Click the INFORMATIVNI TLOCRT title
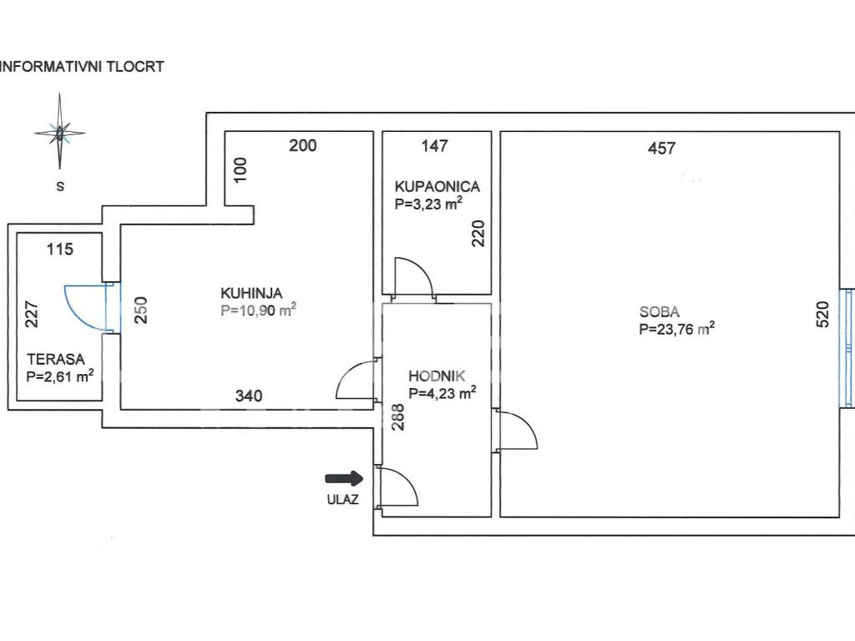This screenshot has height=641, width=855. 82,67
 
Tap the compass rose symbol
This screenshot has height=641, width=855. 59,132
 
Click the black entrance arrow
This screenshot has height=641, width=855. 344,478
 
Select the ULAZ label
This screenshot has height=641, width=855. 343,499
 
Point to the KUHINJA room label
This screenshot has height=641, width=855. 251,293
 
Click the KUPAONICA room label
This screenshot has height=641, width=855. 438,187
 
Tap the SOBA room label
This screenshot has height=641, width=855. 660,312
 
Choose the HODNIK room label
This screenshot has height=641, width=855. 437,376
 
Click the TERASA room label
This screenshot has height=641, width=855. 56,360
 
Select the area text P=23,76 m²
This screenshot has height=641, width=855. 676,329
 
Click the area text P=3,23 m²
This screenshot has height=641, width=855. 428,204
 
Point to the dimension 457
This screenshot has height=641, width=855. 661,149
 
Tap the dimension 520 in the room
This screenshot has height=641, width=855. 822,315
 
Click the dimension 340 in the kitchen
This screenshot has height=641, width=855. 249,396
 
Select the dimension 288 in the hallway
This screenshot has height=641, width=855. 398,417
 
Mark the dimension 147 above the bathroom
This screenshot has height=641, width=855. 434,146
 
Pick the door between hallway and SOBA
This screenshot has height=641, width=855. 516,430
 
